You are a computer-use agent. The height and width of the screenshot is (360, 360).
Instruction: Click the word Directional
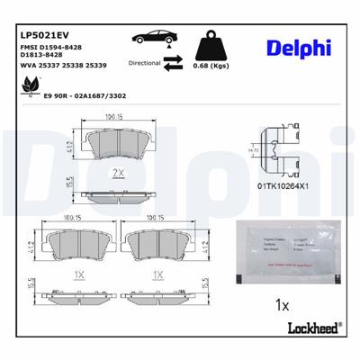pos(144,64)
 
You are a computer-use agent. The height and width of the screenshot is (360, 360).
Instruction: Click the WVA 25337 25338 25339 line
pos(57,67)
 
